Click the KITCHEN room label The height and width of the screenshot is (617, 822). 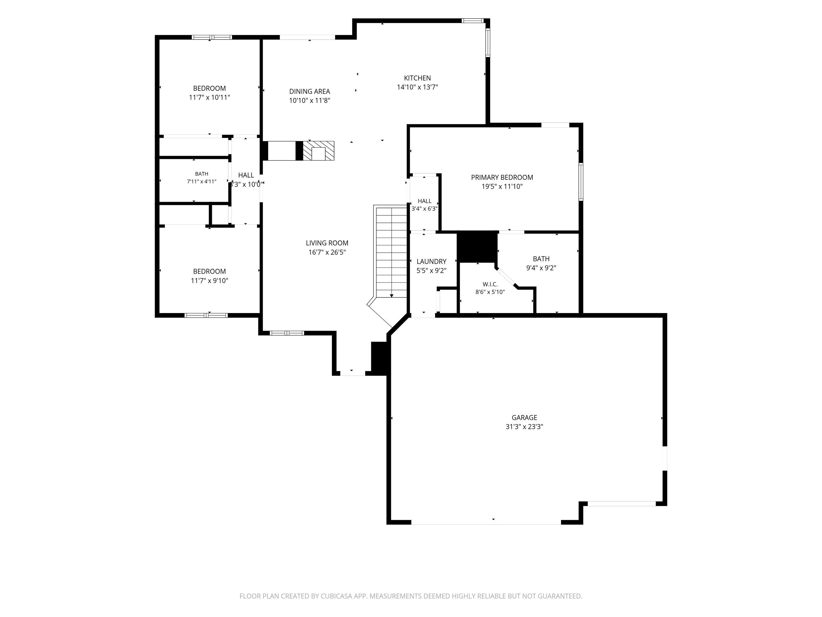417,78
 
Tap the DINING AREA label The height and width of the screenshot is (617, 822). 310,92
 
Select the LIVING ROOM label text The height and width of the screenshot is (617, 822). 327,243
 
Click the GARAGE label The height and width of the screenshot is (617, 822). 524,418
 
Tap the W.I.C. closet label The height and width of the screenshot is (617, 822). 490,284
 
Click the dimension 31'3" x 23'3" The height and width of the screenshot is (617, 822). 524,427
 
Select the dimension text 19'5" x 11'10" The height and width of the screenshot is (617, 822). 502,187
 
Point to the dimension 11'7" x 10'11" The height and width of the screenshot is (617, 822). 210,97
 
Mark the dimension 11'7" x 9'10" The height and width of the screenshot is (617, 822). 210,281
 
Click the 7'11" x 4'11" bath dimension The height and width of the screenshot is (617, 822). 202,182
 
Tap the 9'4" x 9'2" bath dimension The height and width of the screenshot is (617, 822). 541,268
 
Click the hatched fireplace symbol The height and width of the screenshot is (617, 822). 318,151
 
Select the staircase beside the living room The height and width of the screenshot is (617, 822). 391,253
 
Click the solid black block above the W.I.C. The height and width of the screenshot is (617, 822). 477,247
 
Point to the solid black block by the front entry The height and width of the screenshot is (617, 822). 379,358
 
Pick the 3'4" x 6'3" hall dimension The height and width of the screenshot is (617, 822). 424,209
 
